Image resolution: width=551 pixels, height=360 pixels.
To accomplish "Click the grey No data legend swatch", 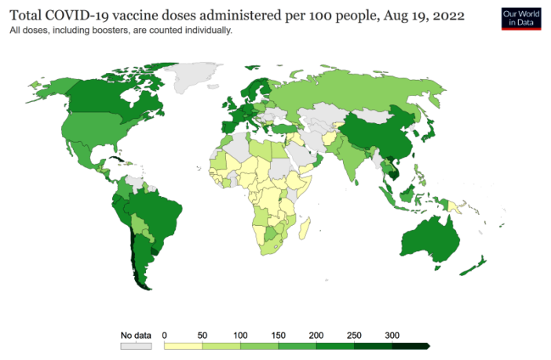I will (x=135, y=345).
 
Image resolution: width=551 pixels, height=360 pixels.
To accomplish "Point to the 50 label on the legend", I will (x=203, y=335).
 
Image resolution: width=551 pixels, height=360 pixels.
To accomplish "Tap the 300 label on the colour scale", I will (x=392, y=335).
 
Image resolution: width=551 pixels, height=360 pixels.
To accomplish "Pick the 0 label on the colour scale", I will (x=165, y=335).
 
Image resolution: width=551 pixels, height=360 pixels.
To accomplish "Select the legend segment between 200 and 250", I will (x=335, y=345).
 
